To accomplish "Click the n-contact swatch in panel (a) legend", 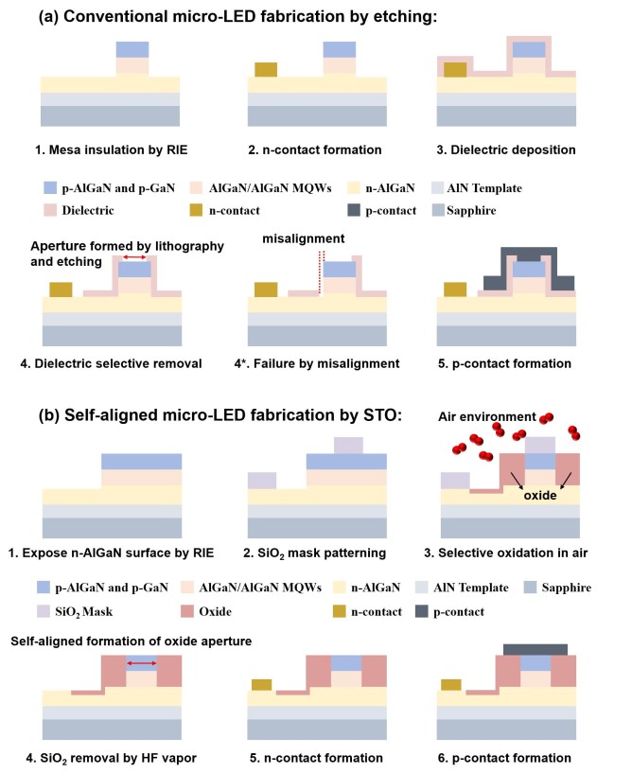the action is pyautogui.click(x=196, y=210).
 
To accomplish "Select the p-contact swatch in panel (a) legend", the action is pyautogui.click(x=354, y=210).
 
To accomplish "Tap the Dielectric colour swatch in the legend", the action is pyautogui.click(x=50, y=210).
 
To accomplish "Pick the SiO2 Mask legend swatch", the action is pyautogui.click(x=44, y=611).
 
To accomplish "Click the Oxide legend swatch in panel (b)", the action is pyautogui.click(x=187, y=611).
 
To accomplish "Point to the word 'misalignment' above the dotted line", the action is pyautogui.click(x=303, y=238).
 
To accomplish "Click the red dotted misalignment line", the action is pyautogui.click(x=322, y=272).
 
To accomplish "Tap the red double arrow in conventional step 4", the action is pyautogui.click(x=134, y=257).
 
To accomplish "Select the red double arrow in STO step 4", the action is pyautogui.click(x=142, y=663).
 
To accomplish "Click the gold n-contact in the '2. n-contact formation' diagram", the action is pyautogui.click(x=266, y=69).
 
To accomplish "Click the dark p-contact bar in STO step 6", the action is pyautogui.click(x=535, y=649).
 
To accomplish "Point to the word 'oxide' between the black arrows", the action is pyautogui.click(x=540, y=496).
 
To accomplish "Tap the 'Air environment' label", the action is pyautogui.click(x=486, y=416).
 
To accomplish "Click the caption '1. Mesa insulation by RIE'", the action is pyautogui.click(x=112, y=149).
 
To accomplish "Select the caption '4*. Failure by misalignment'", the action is pyautogui.click(x=317, y=364).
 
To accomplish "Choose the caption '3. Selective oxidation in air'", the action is pyautogui.click(x=506, y=553).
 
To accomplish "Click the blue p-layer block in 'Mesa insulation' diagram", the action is pyautogui.click(x=132, y=50).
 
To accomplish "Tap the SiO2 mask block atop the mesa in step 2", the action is pyautogui.click(x=348, y=446).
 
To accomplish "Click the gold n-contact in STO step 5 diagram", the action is pyautogui.click(x=262, y=684).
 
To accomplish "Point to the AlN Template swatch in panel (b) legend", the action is pyautogui.click(x=422, y=588).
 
